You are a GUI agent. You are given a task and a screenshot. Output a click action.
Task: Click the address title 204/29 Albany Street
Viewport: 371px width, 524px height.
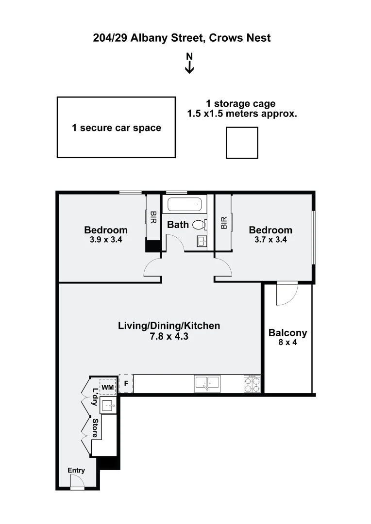(x=182, y=38)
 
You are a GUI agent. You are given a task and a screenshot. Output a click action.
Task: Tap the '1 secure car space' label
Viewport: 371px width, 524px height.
(x=117, y=128)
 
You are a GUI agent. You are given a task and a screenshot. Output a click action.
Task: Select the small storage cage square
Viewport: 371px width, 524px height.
(x=242, y=143)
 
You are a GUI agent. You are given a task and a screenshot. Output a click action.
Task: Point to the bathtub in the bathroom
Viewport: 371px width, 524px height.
(x=184, y=204)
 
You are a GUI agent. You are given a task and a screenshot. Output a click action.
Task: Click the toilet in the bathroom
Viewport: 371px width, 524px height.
(x=199, y=225)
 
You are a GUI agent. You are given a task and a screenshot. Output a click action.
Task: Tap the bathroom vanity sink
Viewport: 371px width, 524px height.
(x=202, y=241)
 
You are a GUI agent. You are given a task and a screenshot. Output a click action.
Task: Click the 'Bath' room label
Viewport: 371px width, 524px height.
(x=178, y=225)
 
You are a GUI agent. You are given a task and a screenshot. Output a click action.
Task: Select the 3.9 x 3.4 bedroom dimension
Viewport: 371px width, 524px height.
(x=106, y=239)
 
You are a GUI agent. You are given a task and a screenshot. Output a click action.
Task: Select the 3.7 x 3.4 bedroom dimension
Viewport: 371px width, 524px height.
(x=270, y=239)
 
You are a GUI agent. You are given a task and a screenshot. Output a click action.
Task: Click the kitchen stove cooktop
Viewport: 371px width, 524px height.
(x=252, y=384)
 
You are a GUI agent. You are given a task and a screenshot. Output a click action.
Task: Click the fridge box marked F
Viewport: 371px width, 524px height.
(x=126, y=384)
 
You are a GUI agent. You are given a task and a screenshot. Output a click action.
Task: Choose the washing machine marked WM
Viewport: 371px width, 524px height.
(x=107, y=386)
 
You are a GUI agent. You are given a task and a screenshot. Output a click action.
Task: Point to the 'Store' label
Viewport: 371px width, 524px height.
(x=96, y=428)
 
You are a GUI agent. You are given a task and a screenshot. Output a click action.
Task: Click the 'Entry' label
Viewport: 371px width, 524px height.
(x=76, y=470)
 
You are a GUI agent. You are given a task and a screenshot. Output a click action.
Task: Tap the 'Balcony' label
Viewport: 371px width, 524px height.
(x=287, y=333)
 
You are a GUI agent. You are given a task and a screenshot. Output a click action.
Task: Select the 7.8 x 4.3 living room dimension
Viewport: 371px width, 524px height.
(x=169, y=336)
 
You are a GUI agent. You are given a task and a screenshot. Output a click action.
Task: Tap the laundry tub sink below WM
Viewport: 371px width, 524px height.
(x=108, y=404)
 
